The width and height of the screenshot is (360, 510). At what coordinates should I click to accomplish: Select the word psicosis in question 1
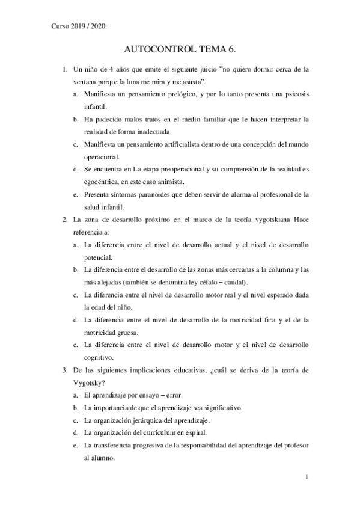click(294, 94)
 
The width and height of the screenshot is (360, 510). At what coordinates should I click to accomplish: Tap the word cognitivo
click(99, 357)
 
